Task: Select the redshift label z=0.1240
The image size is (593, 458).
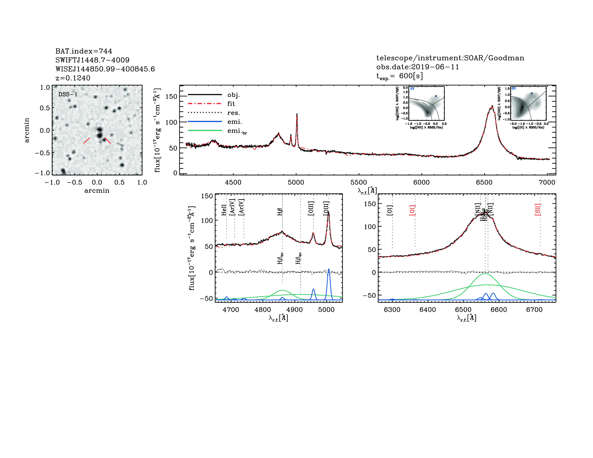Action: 73,78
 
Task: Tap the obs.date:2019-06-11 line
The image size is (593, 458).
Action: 417,67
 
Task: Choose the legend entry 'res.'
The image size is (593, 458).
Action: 233,113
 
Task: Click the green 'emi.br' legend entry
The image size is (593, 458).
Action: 237,131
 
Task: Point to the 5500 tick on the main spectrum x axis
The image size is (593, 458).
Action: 359,182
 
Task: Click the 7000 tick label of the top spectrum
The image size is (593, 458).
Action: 547,182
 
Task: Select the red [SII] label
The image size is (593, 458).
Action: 537,209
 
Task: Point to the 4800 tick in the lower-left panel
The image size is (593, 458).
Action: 263,310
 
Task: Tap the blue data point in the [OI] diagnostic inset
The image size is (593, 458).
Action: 532,93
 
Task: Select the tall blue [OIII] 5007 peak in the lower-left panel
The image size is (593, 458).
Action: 328,269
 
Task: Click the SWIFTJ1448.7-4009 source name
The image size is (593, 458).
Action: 92,60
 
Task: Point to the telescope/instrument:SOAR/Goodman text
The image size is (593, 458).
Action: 450,58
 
